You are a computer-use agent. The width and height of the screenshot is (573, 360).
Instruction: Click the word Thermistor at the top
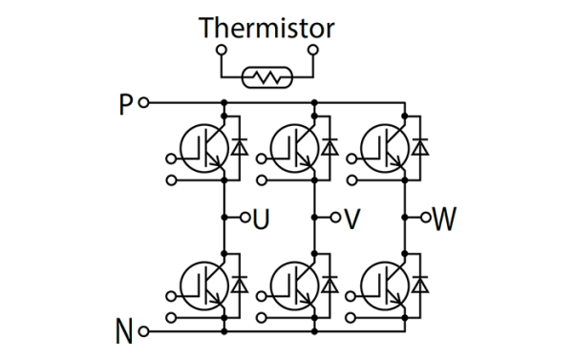pyautogui.click(x=266, y=28)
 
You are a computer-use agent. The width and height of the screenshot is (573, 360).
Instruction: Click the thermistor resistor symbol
pyautogui.click(x=266, y=76)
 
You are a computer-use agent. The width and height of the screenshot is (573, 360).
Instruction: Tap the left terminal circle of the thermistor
pyautogui.click(x=221, y=50)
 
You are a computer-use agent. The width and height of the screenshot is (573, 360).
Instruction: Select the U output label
pyautogui.click(x=261, y=219)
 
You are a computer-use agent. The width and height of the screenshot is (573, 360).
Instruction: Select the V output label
pyautogui.click(x=351, y=219)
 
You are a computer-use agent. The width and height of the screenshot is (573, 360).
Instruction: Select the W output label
pyautogui.click(x=444, y=219)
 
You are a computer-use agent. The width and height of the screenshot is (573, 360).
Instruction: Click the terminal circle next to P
pyautogui.click(x=144, y=102)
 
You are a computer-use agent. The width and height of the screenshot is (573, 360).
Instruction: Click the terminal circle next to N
pyautogui.click(x=144, y=331)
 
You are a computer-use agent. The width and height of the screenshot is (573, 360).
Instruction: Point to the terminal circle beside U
pyautogui.click(x=244, y=218)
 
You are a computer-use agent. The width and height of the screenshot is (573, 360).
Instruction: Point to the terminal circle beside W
pyautogui.click(x=427, y=218)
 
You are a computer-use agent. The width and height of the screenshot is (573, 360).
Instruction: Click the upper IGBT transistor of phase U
pyautogui.click(x=203, y=146)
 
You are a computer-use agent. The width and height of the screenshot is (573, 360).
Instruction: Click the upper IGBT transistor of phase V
pyautogui.click(x=294, y=146)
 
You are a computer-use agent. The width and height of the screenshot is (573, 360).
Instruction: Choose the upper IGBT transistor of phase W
pyautogui.click(x=385, y=146)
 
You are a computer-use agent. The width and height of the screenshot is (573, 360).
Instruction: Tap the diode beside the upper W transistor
pyautogui.click(x=421, y=146)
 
